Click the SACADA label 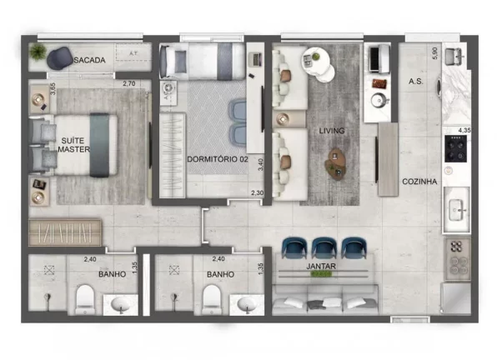89,60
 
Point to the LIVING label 331,131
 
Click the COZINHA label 419,182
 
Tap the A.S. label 415,82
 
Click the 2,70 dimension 129,83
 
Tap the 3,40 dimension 260,166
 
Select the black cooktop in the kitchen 457,150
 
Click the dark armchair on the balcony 58,57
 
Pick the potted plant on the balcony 38,53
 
